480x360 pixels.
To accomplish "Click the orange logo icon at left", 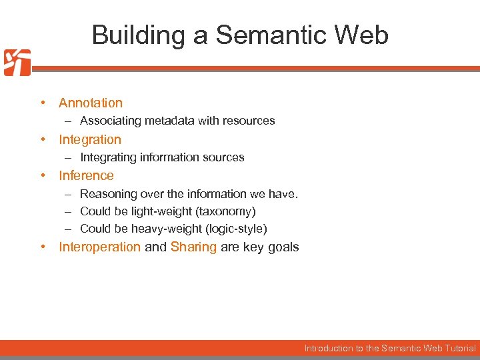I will [17, 63].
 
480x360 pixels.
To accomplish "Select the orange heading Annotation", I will [91, 103].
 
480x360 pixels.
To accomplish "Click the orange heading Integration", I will [90, 139].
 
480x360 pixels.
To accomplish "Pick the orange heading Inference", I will [86, 175].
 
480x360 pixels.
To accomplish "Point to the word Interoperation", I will [99, 247].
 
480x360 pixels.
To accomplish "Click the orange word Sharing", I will [193, 247].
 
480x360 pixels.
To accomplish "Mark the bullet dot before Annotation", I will [42, 103].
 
